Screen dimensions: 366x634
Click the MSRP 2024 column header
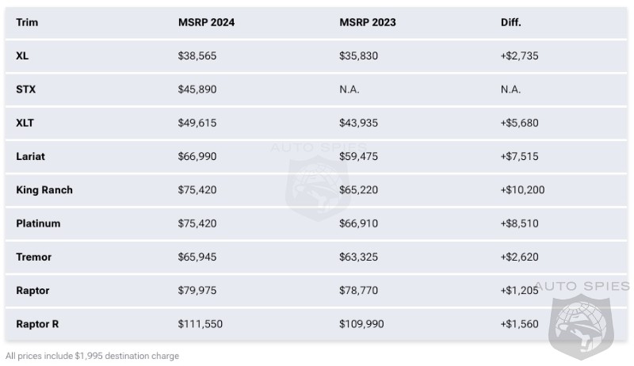[x=206, y=22]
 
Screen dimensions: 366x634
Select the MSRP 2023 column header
[x=368, y=22]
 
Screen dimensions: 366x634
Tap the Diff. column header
[x=510, y=22]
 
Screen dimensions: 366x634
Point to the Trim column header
[x=27, y=22]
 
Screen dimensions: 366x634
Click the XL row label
[x=22, y=56]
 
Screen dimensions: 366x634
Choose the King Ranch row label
[x=44, y=190]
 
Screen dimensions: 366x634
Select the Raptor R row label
[x=38, y=324]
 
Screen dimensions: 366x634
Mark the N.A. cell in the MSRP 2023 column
[x=349, y=90]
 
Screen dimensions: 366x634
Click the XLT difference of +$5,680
[x=519, y=123]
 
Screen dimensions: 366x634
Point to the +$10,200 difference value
[x=522, y=190]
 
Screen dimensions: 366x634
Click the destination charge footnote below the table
[x=92, y=356]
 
